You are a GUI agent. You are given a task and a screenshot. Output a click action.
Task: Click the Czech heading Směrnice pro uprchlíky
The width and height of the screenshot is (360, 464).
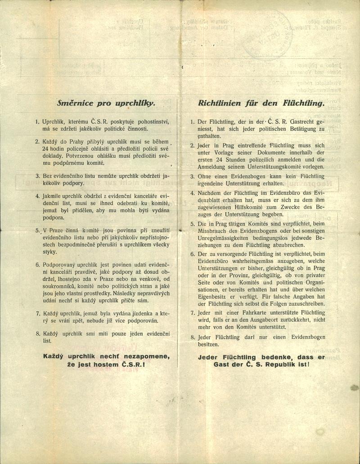coord(106,103)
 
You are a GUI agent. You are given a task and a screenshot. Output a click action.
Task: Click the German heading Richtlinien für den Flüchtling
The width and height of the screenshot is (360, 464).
coord(261,103)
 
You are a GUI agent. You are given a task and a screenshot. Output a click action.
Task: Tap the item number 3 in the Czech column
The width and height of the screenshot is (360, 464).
coord(38,176)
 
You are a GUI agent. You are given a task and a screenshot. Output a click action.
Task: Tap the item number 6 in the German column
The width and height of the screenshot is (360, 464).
coord(192,254)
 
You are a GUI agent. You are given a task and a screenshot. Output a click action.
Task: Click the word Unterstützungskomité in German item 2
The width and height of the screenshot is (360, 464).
coord(271,166)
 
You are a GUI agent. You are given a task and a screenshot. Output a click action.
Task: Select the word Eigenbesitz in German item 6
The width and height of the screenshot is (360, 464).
coord(213,297)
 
